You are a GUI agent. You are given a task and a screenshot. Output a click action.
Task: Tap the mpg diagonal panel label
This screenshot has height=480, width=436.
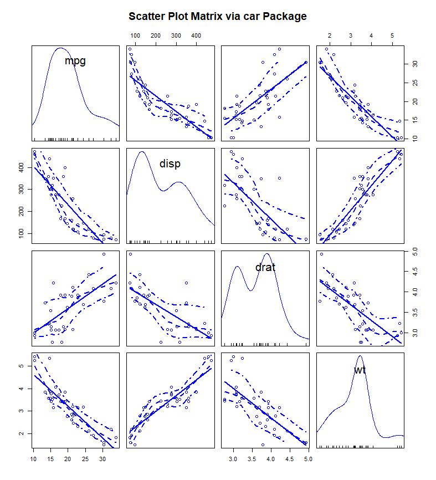[x=75, y=61]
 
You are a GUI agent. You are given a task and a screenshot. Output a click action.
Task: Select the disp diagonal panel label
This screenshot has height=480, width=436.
[x=170, y=164]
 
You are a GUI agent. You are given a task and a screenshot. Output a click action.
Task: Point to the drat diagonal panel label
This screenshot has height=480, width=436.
[x=265, y=267]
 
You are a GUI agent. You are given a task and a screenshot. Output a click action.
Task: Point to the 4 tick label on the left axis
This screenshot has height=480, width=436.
[x=23, y=389]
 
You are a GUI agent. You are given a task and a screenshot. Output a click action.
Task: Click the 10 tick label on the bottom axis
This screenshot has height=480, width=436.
[x=33, y=459]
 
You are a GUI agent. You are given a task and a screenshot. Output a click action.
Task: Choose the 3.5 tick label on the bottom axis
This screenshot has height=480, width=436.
[x=252, y=459]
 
